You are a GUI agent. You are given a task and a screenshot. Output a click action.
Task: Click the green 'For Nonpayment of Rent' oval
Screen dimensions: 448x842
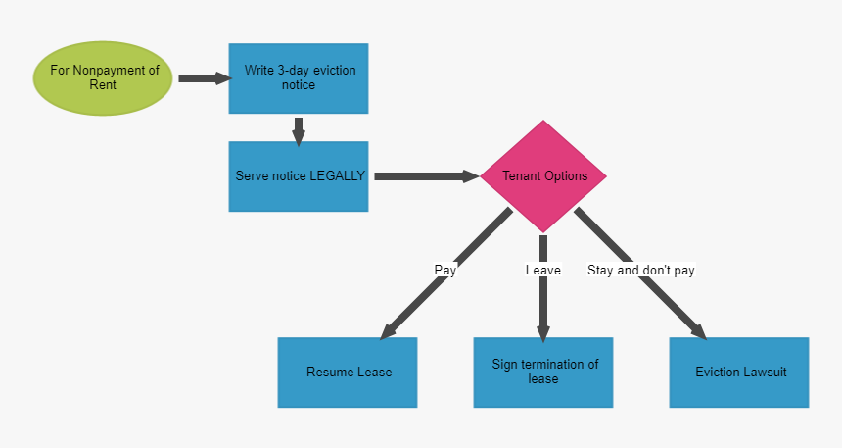pos(103,78)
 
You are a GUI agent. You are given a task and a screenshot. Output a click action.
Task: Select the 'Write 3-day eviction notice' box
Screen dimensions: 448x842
pos(299,78)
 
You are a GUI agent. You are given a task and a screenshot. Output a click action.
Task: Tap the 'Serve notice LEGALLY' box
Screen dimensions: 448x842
pos(299,176)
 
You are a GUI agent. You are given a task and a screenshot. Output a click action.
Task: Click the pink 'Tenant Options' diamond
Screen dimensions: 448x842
pos(543,176)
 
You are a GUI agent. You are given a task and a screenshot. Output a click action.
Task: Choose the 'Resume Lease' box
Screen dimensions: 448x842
pos(348,373)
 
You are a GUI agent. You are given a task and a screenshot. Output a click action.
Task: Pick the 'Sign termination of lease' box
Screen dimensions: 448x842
pos(543,373)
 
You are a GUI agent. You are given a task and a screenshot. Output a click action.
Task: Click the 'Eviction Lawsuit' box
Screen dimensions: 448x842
pos(739,373)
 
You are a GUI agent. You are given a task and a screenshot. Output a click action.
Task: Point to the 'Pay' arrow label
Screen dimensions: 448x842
pos(445,270)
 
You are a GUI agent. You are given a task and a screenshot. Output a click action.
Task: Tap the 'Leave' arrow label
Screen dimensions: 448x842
pos(543,270)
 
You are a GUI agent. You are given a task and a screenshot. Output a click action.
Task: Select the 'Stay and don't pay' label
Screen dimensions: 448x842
pos(640,270)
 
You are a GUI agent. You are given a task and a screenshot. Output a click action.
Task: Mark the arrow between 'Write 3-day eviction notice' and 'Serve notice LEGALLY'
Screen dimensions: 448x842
pos(299,130)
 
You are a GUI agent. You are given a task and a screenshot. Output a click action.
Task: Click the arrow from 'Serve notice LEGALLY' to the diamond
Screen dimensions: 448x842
pos(426,176)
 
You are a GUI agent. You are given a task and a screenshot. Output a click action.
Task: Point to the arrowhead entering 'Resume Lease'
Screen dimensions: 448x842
pos(389,330)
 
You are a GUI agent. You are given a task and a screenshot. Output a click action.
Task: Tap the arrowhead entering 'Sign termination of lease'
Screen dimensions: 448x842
pos(543,329)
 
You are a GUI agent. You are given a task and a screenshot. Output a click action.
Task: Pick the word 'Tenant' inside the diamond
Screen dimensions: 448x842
pos(521,176)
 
